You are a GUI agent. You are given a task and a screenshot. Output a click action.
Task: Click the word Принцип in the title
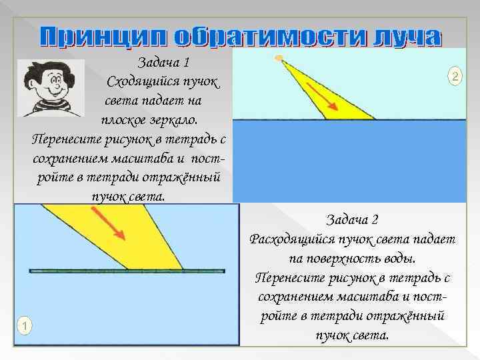(99, 37)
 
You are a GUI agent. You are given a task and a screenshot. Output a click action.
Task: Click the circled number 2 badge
(454, 77)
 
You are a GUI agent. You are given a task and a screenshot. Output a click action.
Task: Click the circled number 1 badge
(25, 325)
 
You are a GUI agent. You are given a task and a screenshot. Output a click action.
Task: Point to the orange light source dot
(280, 57)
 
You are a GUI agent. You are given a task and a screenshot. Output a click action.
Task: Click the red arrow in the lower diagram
(108, 224)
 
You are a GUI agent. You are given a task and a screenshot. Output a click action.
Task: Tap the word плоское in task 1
(124, 120)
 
